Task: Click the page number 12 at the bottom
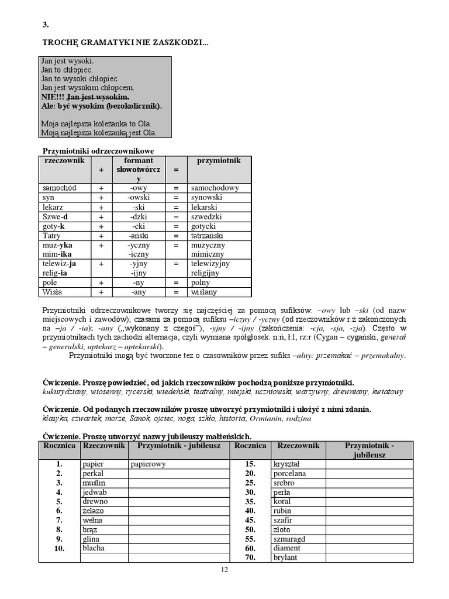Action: point(224,570)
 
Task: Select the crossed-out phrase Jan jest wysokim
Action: point(98,97)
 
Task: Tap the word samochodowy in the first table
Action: point(215,188)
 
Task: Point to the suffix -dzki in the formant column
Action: point(139,216)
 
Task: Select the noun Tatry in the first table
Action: point(51,235)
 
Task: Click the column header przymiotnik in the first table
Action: point(219,161)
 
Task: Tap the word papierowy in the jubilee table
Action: point(149,464)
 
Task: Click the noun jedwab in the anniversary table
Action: point(95,492)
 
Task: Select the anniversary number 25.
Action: point(250,483)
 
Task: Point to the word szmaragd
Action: point(289,539)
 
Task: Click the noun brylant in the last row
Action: point(285,557)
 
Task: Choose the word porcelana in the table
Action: point(290,473)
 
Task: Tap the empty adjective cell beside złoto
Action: point(369,529)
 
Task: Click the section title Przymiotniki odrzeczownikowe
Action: point(95,151)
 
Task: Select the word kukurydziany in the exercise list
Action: point(65,391)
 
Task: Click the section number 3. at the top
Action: point(46,25)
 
